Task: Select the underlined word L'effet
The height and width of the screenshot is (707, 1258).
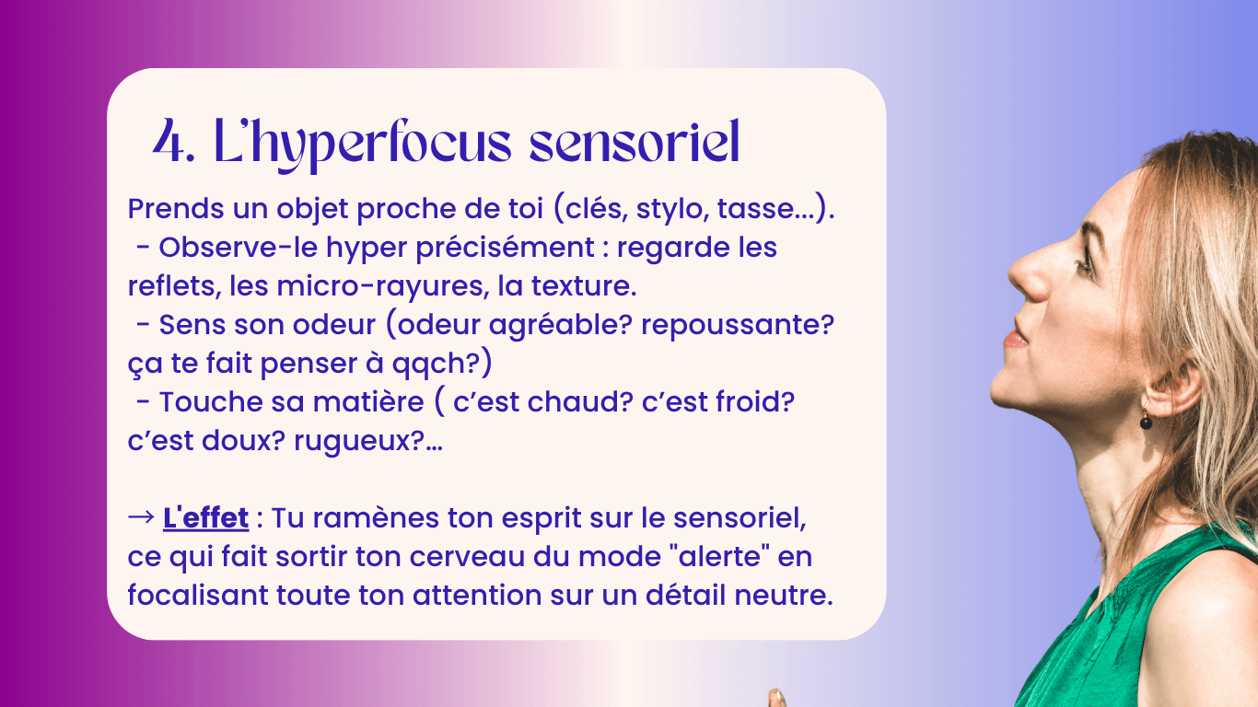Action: [x=205, y=517]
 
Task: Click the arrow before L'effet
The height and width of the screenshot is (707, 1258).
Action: [x=141, y=517]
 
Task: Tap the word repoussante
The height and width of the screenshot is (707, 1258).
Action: [x=737, y=325]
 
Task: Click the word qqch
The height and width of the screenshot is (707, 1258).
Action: [x=434, y=365]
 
